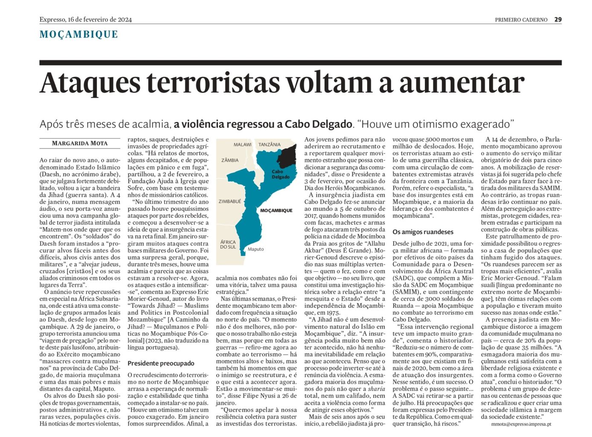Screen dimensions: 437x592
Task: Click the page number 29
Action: tap(558, 20)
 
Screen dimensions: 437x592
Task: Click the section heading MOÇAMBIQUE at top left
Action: tap(78, 34)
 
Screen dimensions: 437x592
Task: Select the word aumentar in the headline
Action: tap(461, 82)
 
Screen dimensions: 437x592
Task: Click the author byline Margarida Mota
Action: tap(80, 143)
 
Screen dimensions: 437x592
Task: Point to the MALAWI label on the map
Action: tap(242, 145)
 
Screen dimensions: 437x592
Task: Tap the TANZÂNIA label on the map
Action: tap(270, 145)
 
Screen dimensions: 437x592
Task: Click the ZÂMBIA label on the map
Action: tap(230, 160)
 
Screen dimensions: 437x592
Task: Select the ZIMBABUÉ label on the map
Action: tap(230, 201)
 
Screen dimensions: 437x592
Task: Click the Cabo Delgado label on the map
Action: tap(280, 174)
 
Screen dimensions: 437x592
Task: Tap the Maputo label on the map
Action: tap(255, 249)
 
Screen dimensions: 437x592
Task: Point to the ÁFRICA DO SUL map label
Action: tap(228, 244)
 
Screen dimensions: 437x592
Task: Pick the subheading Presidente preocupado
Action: tap(161, 363)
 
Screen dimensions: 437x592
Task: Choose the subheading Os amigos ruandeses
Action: tap(423, 232)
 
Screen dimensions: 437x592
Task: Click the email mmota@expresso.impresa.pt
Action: tap(521, 424)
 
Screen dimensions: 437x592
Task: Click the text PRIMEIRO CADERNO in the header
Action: tap(521, 20)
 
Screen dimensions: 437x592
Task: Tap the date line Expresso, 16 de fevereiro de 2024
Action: tap(86, 20)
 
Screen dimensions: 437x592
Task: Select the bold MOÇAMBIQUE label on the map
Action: tap(276, 210)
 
